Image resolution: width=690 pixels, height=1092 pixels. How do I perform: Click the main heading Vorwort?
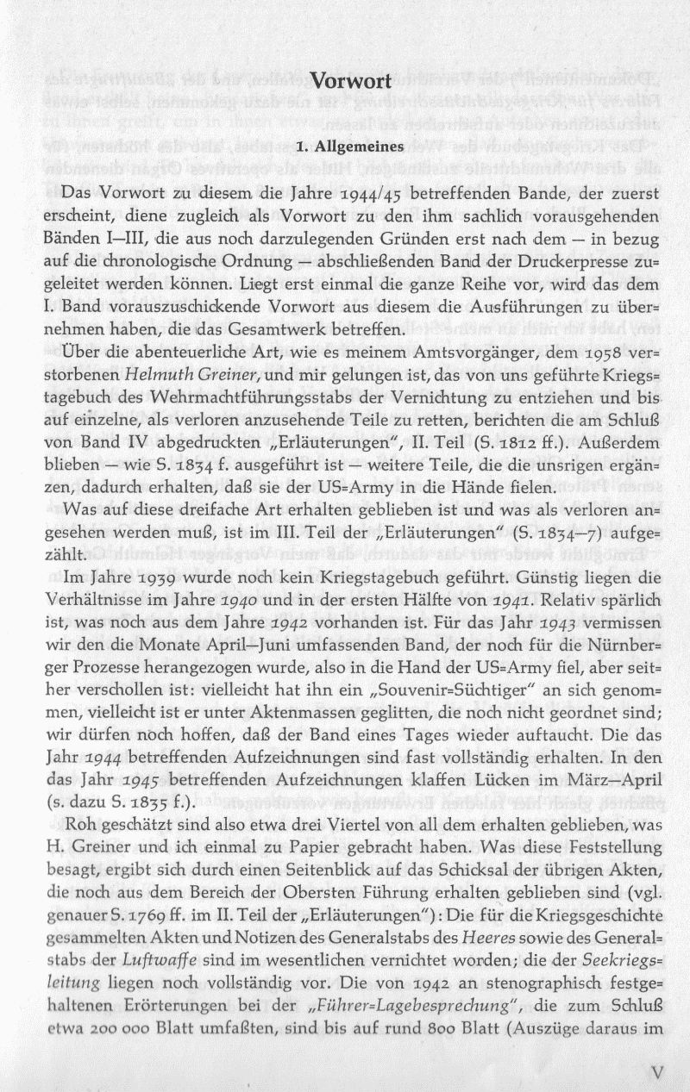(x=351, y=83)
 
